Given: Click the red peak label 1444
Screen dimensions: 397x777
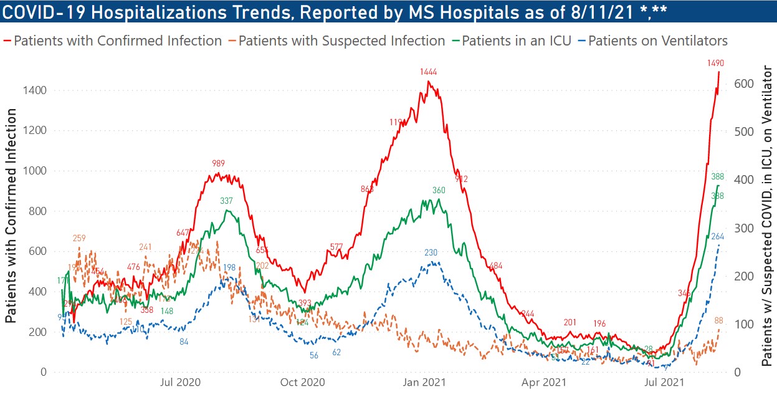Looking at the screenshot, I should click(429, 73).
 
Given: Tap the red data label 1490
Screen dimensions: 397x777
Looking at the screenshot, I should click(715, 62).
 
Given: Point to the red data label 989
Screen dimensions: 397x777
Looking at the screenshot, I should click(219, 163).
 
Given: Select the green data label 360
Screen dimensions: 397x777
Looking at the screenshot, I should click(440, 190).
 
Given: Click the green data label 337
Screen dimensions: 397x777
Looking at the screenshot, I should click(226, 201).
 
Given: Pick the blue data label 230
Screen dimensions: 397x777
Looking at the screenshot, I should click(431, 252).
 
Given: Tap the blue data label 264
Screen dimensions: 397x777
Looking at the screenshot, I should click(717, 236).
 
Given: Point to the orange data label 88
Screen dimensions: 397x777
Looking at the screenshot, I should click(718, 320).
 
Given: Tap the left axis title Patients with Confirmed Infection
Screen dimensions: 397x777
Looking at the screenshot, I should click(11, 215).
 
